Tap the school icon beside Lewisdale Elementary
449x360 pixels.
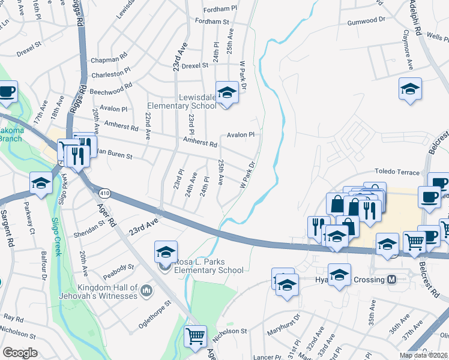click(227, 93)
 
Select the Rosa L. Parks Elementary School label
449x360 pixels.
click(208, 266)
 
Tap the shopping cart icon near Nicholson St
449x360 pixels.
click(195, 337)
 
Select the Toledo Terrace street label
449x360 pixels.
click(398, 172)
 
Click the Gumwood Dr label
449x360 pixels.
click(366, 20)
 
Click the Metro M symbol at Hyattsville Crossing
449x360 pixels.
click(391, 280)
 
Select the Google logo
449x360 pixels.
click(20, 353)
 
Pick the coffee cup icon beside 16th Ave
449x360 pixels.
click(7, 92)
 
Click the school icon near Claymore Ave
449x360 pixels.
click(409, 90)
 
